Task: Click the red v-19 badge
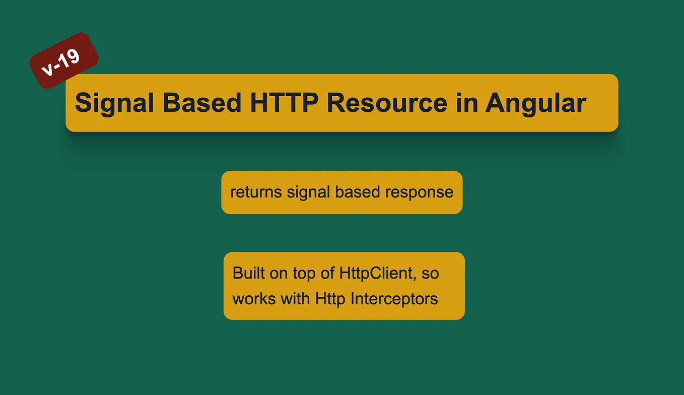click(64, 61)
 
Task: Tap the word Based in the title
click(202, 103)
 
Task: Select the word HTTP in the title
click(284, 103)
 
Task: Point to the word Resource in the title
click(387, 103)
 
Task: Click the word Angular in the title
click(535, 103)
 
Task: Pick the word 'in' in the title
click(466, 103)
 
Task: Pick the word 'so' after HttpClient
click(430, 273)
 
